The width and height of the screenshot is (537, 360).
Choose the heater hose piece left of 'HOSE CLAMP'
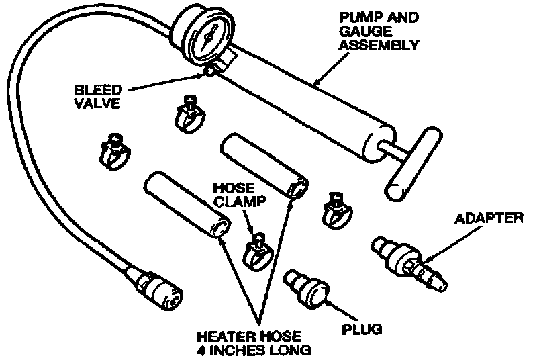tap(185, 204)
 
